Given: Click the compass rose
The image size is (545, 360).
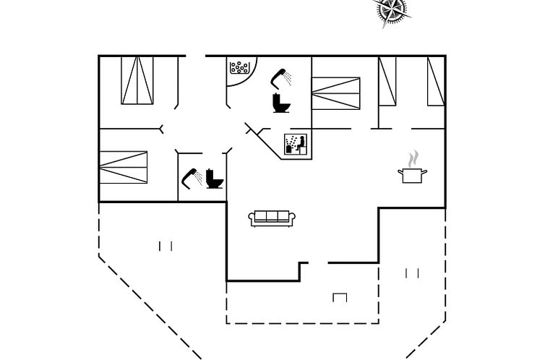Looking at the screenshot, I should (391, 10).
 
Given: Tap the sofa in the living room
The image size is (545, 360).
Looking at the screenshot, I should (271, 218).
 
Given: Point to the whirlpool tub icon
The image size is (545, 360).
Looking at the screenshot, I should (239, 69).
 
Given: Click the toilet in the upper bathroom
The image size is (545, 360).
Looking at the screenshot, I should (280, 103).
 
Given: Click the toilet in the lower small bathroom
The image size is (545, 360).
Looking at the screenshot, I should (215, 179).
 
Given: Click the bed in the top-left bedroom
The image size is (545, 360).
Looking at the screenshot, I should (137, 80).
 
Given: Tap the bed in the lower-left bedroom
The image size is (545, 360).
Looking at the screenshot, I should (123, 166).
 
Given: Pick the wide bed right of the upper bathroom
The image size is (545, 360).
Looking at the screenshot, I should (335, 94).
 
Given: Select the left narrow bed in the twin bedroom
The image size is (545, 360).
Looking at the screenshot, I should (387, 80).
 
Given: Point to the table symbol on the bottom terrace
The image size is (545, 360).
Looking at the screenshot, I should (340, 296).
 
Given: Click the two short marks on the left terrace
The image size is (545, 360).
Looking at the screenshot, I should (166, 246).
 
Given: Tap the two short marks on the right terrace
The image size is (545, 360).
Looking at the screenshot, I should (413, 273).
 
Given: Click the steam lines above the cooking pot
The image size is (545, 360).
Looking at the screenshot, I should (413, 158).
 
